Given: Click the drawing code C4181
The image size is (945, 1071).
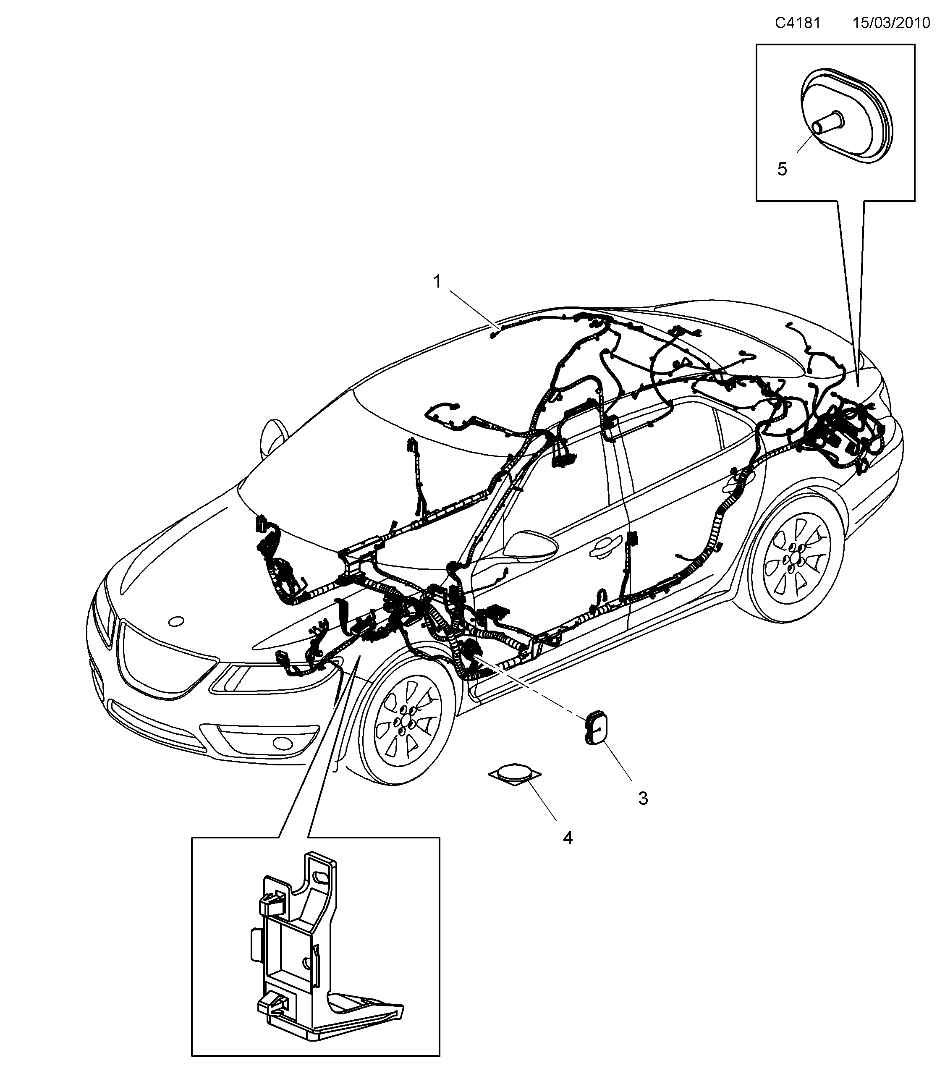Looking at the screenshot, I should click(797, 24).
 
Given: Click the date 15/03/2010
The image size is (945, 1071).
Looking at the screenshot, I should click(891, 24).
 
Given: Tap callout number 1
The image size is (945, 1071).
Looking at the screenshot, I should click(437, 282).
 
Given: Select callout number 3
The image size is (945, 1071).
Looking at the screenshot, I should click(643, 798).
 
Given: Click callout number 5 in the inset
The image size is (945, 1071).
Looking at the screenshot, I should click(782, 169).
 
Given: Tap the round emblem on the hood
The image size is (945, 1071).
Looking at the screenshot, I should click(176, 621).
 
